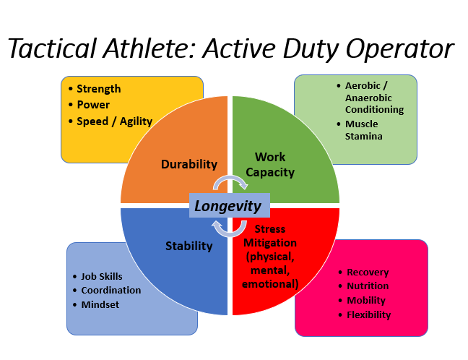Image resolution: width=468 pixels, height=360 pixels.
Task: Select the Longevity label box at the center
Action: (x=229, y=206)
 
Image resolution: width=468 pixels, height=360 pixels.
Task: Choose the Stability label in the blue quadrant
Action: (x=189, y=246)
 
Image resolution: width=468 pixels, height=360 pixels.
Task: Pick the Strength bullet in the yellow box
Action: (x=99, y=89)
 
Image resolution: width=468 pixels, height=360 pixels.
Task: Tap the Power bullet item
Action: (x=93, y=105)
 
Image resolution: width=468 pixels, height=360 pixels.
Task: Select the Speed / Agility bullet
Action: (x=114, y=121)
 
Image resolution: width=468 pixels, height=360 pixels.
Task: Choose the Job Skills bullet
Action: (x=102, y=276)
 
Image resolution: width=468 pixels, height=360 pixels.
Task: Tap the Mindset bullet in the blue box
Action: (x=100, y=304)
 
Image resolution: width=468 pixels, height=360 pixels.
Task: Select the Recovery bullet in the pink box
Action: (x=368, y=272)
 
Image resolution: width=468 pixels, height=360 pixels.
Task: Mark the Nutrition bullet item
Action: (x=368, y=286)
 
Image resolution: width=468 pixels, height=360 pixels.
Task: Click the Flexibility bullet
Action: (x=368, y=314)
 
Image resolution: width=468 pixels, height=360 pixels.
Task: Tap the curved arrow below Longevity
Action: (x=230, y=228)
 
